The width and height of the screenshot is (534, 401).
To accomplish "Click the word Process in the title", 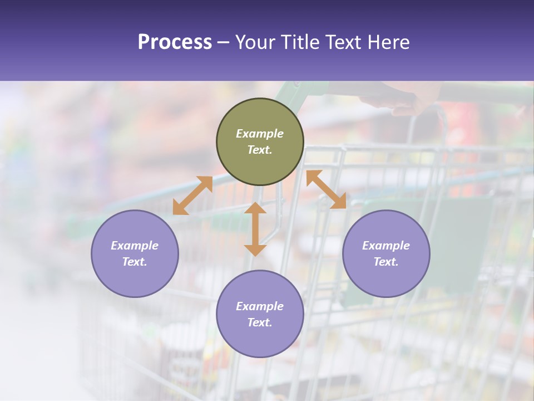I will (x=175, y=42).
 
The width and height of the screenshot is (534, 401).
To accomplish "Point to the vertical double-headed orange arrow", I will (x=255, y=229).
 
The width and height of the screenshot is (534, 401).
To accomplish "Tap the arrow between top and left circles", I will (x=192, y=195).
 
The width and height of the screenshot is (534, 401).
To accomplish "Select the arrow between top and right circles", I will (x=326, y=189).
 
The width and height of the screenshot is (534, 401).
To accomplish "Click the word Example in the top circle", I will (x=260, y=134).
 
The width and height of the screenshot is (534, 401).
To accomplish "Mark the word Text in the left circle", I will (x=135, y=262).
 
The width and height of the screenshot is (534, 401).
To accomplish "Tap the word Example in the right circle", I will (x=386, y=246).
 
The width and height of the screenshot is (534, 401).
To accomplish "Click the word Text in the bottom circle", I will (x=260, y=322).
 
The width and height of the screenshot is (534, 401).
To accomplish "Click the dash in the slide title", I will (x=223, y=42).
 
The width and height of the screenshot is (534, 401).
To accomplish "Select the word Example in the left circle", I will (x=135, y=246).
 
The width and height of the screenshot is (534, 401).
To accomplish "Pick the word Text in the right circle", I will (x=386, y=262).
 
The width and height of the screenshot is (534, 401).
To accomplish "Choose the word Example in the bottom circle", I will (x=260, y=306).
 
